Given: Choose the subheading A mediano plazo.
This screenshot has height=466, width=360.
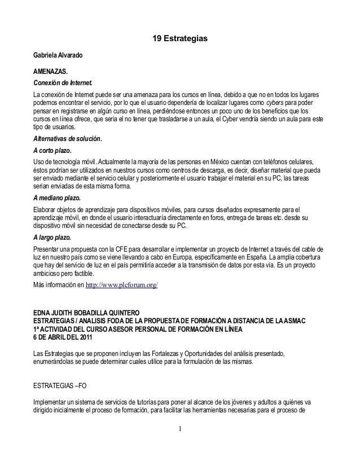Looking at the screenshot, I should pyautogui.click(x=58, y=197).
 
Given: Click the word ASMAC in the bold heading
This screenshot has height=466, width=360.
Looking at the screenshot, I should pyautogui.click(x=309, y=321).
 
